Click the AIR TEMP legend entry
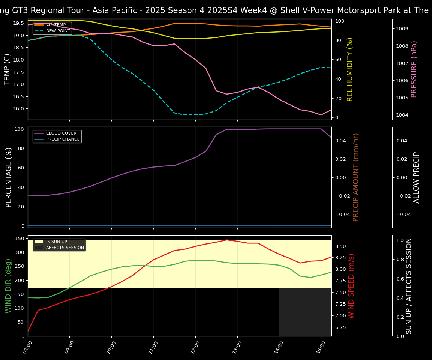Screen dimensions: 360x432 pyautogui.click(x=55, y=25)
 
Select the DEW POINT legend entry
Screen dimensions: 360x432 pyautogui.click(x=57, y=31)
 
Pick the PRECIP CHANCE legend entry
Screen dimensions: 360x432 pyautogui.click(x=63, y=139)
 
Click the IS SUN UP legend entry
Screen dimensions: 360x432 pyautogui.click(x=56, y=242)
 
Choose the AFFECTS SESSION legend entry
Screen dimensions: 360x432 pyautogui.click(x=65, y=248)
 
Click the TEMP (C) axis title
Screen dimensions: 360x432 pyautogui.click(x=7, y=69)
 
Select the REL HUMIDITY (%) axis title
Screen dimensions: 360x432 pyautogui.click(x=350, y=69)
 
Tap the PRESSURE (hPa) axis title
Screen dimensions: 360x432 pyautogui.click(x=414, y=69)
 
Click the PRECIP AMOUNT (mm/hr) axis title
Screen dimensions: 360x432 pyautogui.click(x=356, y=177)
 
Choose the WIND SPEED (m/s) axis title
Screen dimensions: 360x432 pyautogui.click(x=351, y=286)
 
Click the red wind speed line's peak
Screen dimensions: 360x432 pyautogui.click(x=226, y=240)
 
